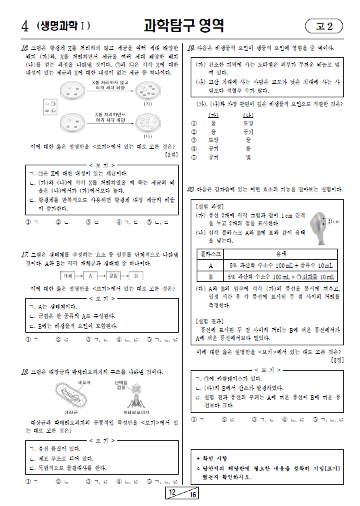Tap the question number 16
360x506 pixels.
(24, 48)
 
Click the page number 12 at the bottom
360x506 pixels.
(172, 493)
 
